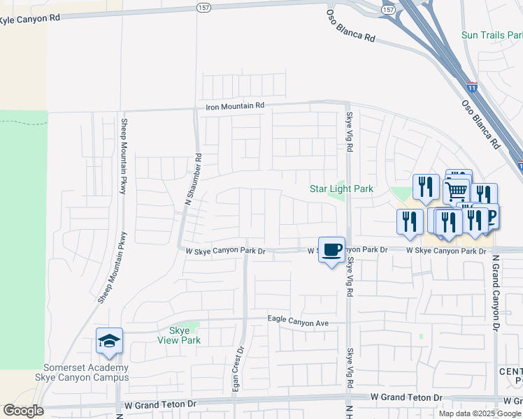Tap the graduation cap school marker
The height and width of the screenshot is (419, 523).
(x=110, y=341)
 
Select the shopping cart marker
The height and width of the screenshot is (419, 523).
(x=456, y=189)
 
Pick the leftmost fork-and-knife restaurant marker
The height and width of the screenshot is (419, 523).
(x=410, y=221)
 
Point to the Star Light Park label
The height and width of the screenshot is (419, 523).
(x=341, y=189)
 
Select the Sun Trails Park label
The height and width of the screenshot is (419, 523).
(x=492, y=35)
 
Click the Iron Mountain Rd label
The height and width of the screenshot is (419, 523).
(x=235, y=106)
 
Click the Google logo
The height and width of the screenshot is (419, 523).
(x=22, y=411)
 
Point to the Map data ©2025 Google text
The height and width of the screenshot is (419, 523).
(x=480, y=413)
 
